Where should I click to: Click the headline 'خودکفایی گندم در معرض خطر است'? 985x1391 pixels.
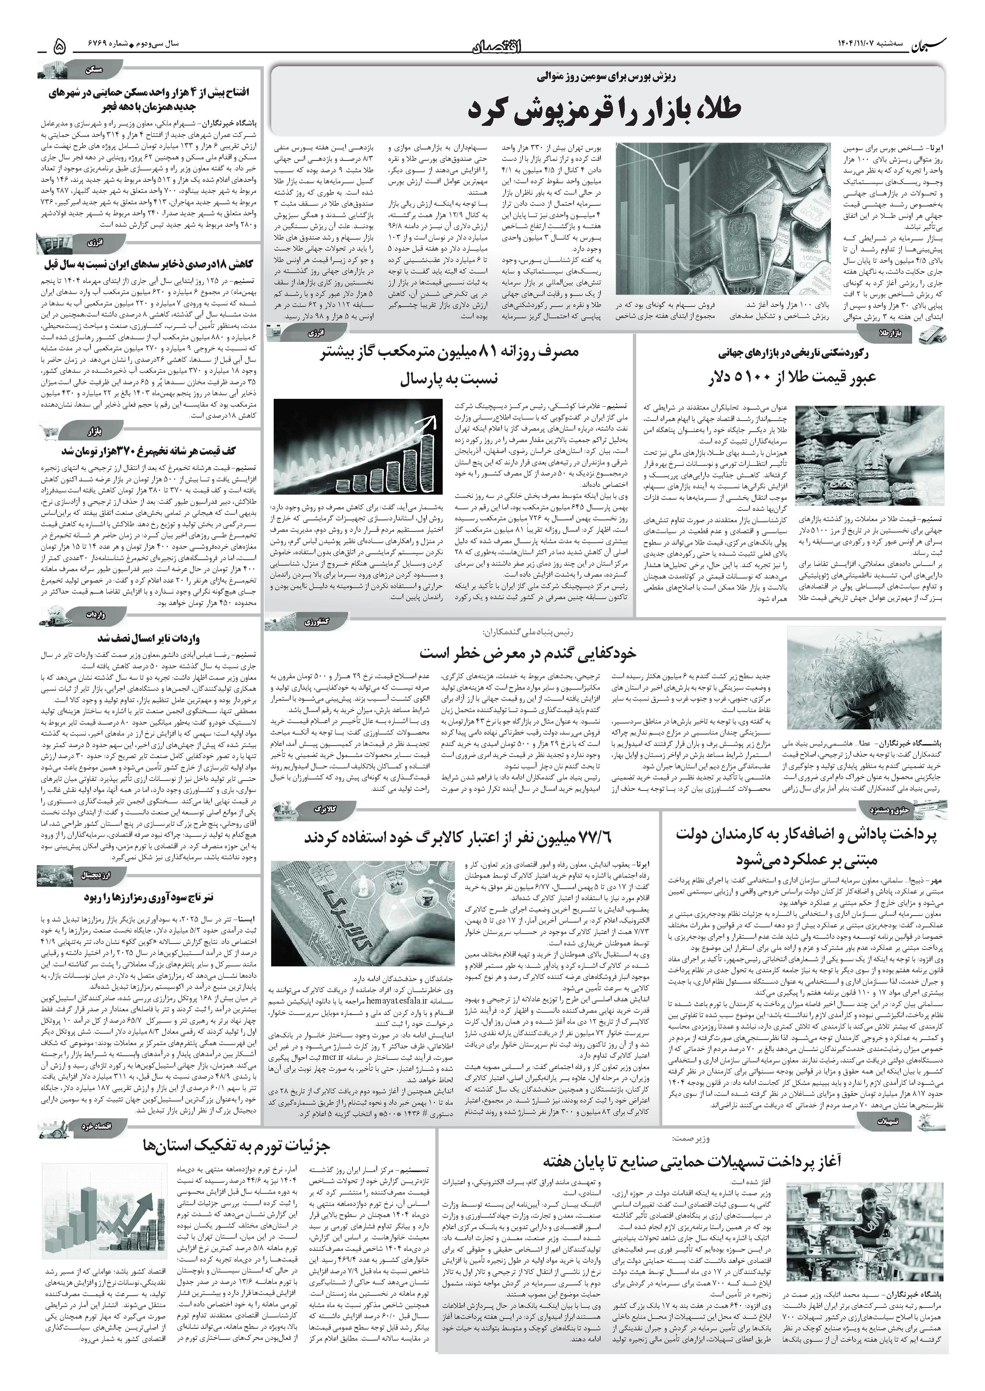coord(528,653)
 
